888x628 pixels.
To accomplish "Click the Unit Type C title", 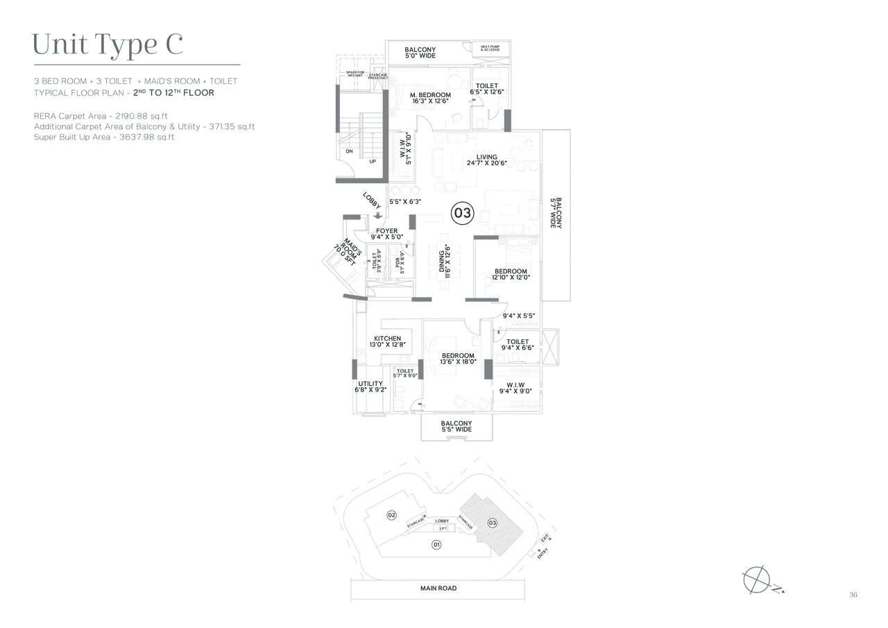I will click(x=108, y=44).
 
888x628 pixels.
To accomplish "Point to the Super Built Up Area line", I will click(x=104, y=137).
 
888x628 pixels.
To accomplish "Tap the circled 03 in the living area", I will click(x=462, y=213).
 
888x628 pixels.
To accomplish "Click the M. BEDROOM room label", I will click(x=430, y=98).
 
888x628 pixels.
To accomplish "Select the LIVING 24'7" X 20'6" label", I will click(x=487, y=160).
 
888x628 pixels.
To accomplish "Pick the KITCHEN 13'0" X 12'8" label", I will click(x=387, y=342).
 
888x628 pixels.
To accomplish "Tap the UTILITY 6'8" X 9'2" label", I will click(x=370, y=387).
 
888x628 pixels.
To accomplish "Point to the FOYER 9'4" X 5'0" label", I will click(x=386, y=234).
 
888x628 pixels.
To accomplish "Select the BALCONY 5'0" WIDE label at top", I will click(x=420, y=53).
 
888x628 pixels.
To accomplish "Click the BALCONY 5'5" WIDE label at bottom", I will click(x=456, y=426).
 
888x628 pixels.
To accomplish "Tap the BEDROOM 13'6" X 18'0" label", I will click(x=458, y=359).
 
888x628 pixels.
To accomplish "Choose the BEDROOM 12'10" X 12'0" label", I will click(x=511, y=274).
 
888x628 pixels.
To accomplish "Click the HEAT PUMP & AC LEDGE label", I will click(x=490, y=49).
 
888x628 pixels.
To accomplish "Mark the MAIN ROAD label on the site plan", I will click(x=438, y=588).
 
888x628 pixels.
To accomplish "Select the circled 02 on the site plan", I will click(x=392, y=515).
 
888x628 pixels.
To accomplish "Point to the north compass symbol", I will click(x=756, y=579).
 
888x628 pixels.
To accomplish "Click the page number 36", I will click(x=853, y=595).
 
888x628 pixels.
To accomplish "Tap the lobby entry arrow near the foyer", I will click(x=378, y=216).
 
